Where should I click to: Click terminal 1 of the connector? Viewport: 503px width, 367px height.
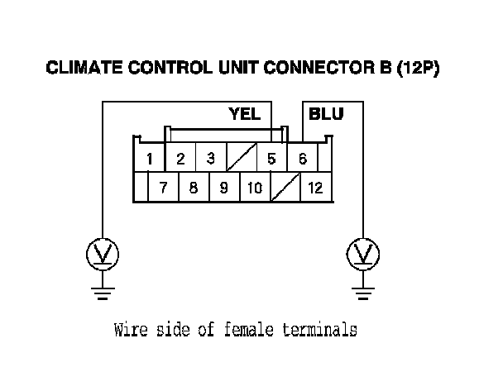coord(149,158)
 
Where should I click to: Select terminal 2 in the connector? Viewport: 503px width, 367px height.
coord(180,158)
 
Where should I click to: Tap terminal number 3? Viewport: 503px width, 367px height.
coord(210,158)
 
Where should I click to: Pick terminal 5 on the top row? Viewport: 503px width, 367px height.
coord(271,158)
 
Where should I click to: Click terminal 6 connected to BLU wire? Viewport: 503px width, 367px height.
coord(303,158)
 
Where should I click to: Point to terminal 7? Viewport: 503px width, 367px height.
coord(164,188)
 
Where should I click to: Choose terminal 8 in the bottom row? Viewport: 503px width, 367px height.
coord(194,188)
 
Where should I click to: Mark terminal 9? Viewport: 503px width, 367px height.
coord(223,188)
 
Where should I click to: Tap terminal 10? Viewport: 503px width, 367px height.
coord(254,188)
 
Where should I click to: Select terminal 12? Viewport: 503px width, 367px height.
coord(314,188)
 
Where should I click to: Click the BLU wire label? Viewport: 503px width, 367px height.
coord(326,114)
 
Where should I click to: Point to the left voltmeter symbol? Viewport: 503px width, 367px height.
coord(103,254)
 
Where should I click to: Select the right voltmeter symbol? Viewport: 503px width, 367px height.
coord(362,254)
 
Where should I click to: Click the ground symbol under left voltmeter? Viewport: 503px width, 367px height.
coord(103,290)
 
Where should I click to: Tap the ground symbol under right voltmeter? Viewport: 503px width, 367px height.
coord(362,290)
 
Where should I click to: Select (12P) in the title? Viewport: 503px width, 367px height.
coord(418,69)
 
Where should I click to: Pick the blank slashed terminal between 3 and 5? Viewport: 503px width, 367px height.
coord(241,158)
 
